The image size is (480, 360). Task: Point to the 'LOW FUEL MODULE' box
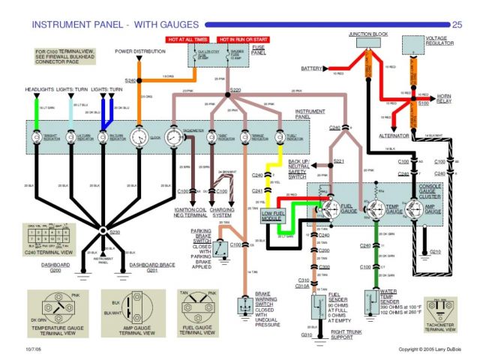[x=272, y=216]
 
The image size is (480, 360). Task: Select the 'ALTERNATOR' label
[x=392, y=136]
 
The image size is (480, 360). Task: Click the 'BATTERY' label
[x=311, y=68]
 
